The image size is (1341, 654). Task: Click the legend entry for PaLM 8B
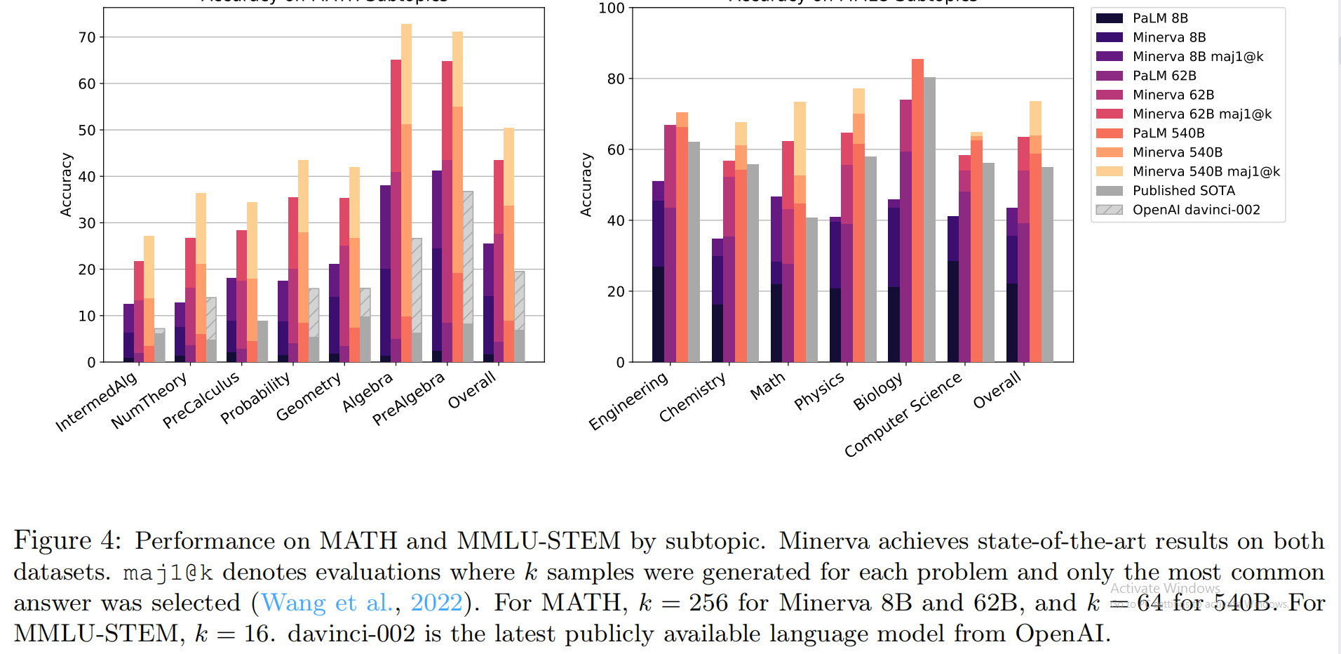(1160, 18)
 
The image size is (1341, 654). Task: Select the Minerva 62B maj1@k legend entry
(1201, 114)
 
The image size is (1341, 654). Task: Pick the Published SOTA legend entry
(1183, 190)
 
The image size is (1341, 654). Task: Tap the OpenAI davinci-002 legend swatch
(1110, 210)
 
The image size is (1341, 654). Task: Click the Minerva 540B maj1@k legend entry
(1206, 171)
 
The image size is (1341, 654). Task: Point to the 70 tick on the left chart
(87, 37)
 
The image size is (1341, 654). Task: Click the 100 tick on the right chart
(611, 8)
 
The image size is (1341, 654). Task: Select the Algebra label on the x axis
(368, 392)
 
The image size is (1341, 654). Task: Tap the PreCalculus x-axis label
(201, 399)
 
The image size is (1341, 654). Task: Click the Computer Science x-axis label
(903, 415)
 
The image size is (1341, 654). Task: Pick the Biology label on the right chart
(878, 392)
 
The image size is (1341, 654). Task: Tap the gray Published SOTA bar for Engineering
(694, 252)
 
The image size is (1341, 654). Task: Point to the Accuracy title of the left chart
(66, 185)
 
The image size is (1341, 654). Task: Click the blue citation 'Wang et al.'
(326, 603)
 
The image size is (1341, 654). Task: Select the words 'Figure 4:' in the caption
(67, 540)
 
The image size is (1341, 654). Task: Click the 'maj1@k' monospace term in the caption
(168, 573)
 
